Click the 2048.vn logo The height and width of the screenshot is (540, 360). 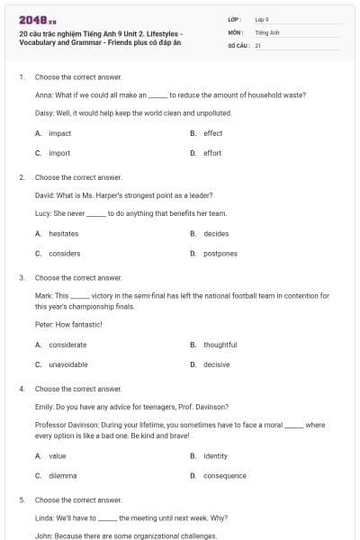(32, 20)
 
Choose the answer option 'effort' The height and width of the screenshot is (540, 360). (212, 153)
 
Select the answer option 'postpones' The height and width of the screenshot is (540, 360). (220, 254)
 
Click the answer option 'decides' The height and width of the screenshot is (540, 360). (216, 234)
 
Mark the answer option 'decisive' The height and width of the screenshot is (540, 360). (216, 364)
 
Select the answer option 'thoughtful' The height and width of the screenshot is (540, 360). (220, 345)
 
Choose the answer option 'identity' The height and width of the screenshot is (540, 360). (215, 455)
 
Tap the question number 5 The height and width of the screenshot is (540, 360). (22, 499)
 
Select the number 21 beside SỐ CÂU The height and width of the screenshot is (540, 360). (257, 44)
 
